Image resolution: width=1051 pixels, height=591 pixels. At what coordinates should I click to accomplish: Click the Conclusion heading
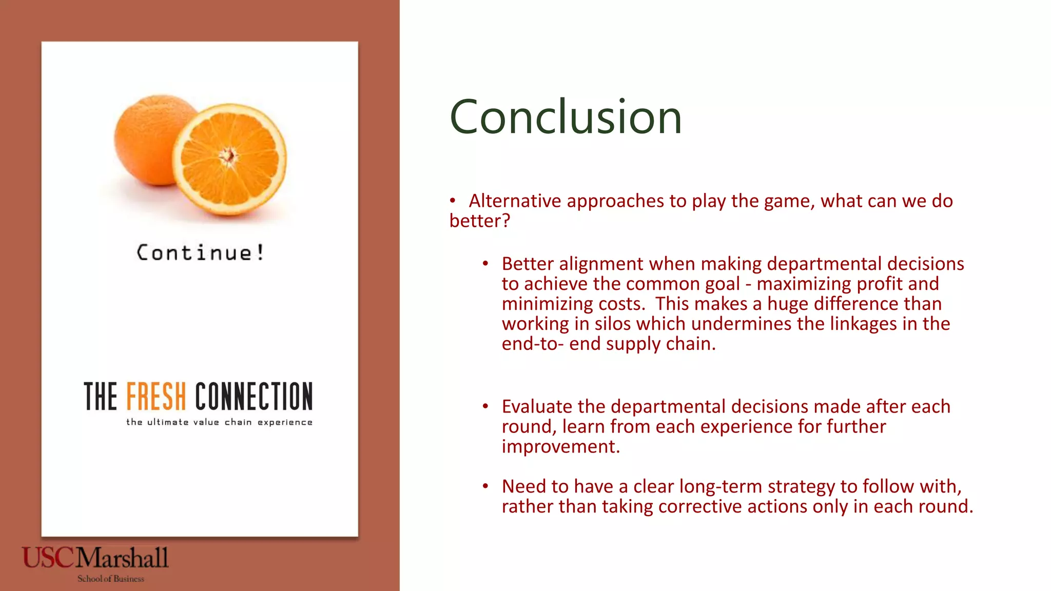click(x=566, y=117)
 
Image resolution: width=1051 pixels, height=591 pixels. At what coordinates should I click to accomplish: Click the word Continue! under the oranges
click(x=200, y=252)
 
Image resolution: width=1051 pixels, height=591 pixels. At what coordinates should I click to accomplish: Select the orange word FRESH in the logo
click(x=156, y=396)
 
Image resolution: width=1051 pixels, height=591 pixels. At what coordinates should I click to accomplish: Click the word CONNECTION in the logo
click(x=254, y=396)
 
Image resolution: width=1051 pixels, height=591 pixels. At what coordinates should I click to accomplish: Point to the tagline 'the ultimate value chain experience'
click(x=219, y=422)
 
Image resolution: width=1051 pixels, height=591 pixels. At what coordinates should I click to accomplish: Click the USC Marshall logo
click(x=95, y=558)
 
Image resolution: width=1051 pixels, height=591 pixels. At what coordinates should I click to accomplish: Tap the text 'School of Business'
click(x=111, y=579)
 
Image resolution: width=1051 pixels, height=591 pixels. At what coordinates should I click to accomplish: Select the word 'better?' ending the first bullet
click(x=479, y=221)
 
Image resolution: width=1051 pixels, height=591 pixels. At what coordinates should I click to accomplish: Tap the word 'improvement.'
click(x=561, y=447)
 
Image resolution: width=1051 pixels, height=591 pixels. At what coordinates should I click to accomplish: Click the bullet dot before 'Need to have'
click(x=485, y=486)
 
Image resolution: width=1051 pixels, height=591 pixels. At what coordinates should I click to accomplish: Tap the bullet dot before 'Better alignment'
click(x=485, y=264)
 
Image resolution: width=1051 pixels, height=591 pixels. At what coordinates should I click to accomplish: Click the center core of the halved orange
click(x=228, y=155)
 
